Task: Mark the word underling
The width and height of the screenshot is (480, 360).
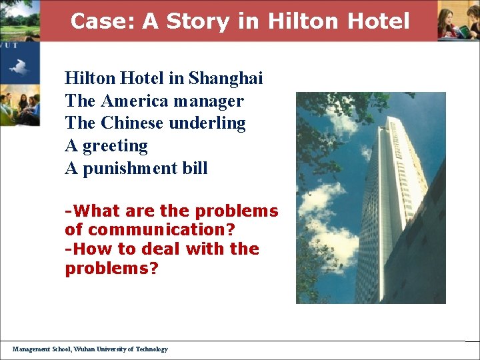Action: (x=207, y=123)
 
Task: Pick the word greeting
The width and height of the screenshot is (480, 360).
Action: (x=115, y=145)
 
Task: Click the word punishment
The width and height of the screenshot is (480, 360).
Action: (x=130, y=168)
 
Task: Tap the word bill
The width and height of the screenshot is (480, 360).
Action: (x=195, y=168)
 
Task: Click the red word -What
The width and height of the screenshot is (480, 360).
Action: (x=89, y=211)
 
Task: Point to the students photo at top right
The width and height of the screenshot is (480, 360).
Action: (x=459, y=21)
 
